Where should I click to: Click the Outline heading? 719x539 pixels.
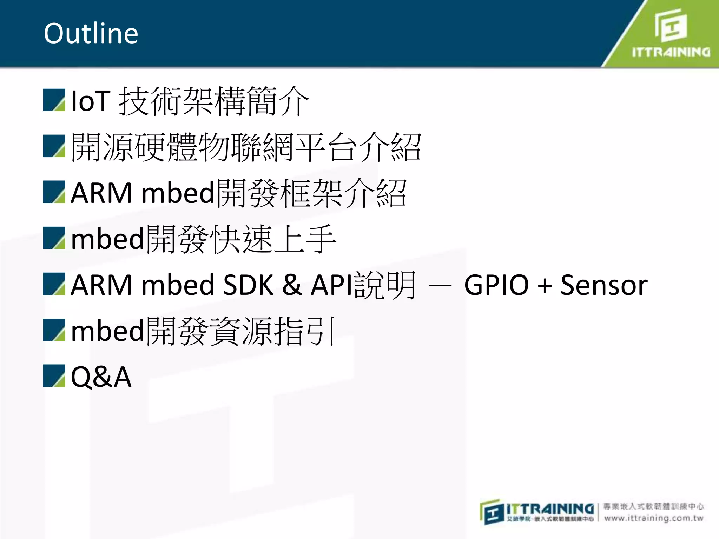(91, 33)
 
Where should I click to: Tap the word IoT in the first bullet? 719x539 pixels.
(91, 101)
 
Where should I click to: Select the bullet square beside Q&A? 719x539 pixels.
(54, 376)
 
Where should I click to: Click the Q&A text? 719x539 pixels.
(101, 377)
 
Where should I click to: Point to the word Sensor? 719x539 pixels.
(603, 285)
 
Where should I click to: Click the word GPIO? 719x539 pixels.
(496, 285)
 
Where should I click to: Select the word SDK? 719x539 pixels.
(248, 285)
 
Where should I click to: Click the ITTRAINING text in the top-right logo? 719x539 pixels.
(671, 53)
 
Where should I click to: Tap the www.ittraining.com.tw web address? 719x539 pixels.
(654, 518)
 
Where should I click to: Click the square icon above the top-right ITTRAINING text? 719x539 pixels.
(671, 25)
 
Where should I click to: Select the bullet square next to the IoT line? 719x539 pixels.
(54, 100)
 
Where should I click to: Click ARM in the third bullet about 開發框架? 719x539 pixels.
(101, 193)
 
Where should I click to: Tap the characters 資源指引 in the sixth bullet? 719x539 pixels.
(274, 331)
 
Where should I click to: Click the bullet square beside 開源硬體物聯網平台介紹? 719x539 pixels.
(54, 146)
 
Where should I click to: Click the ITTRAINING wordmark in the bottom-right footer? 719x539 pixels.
(550, 508)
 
